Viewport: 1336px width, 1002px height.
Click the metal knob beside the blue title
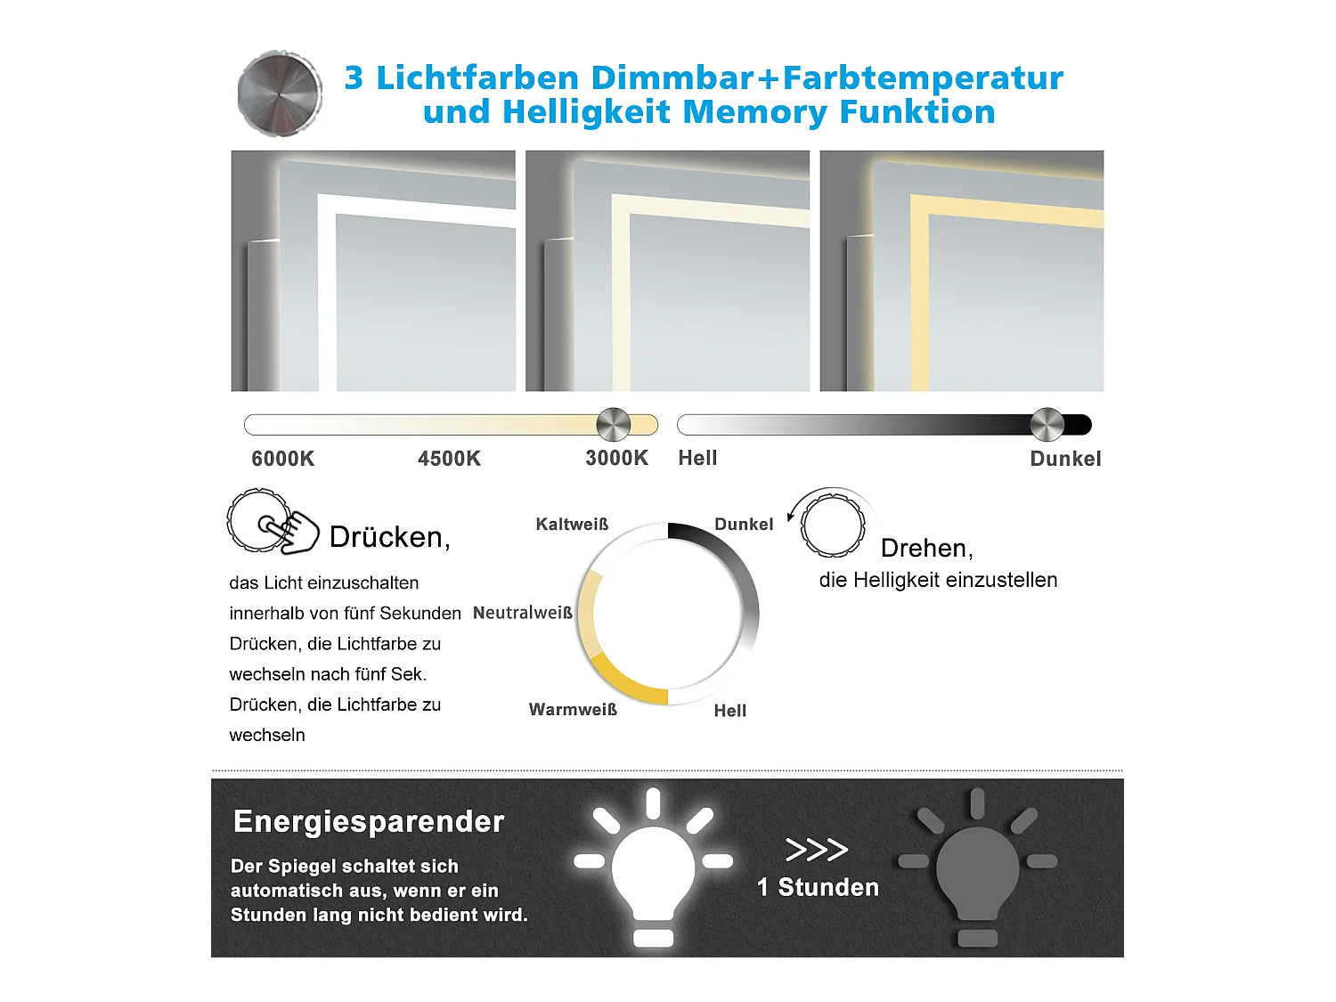[280, 94]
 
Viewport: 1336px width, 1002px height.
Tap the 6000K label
[282, 459]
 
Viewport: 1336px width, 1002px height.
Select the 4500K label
[449, 459]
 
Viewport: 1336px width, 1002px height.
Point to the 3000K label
[616, 458]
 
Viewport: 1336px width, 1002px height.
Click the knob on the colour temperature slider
[613, 425]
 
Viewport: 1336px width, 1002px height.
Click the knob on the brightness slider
[1047, 425]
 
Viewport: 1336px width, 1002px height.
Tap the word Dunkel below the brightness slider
[1065, 459]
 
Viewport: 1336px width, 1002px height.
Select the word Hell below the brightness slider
[697, 458]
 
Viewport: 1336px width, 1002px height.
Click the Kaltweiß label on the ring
[572, 525]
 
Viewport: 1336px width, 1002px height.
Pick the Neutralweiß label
[522, 613]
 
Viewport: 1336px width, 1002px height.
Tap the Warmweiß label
[573, 710]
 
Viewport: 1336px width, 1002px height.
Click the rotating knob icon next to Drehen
[832, 525]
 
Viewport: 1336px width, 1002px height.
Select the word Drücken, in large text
[389, 537]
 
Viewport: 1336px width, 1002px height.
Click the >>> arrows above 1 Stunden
[816, 850]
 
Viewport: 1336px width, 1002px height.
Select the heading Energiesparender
[369, 821]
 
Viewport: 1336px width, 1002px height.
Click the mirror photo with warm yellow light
[961, 271]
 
